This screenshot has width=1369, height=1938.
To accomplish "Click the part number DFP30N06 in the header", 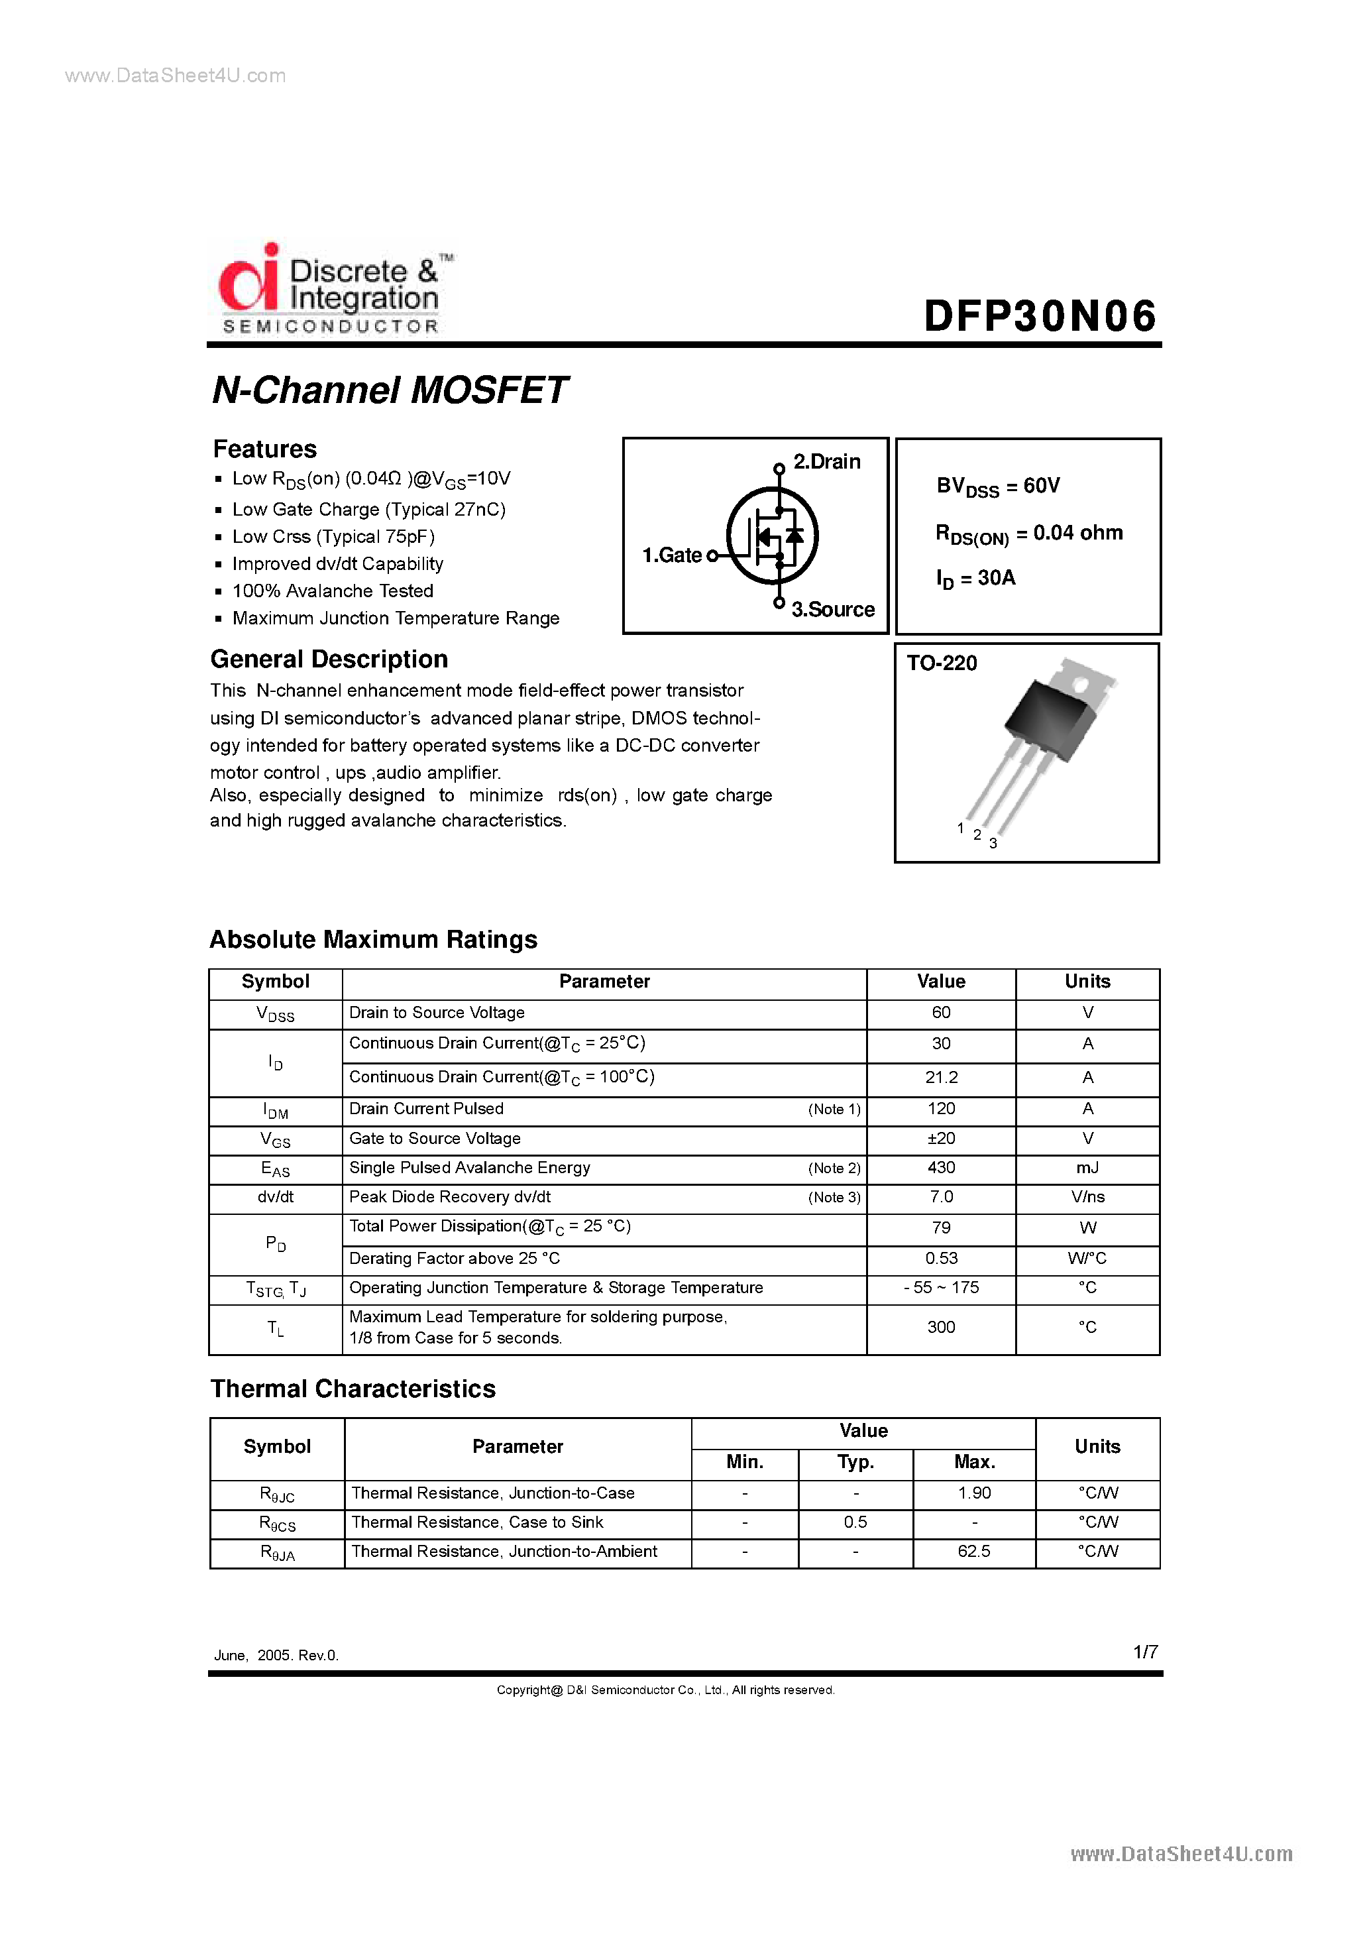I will [1039, 317].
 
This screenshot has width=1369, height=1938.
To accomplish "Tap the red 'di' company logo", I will [249, 278].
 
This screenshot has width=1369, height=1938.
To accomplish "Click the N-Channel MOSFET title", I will [389, 390].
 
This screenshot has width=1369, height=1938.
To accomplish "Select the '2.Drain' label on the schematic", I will [826, 462].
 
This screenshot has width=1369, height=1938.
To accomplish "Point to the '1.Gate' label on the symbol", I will [672, 555].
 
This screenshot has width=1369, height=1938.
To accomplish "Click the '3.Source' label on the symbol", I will [832, 609].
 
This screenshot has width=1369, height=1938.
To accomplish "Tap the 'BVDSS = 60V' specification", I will [998, 486].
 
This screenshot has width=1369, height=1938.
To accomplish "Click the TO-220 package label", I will [942, 663].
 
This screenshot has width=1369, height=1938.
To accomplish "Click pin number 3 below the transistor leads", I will [993, 843].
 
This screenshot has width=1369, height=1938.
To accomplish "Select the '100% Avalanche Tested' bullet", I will [333, 591].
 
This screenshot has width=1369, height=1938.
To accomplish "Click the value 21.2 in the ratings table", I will [941, 1078].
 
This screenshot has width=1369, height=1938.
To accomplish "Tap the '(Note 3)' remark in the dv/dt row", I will [834, 1198].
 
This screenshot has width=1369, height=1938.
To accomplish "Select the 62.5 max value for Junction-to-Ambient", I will [974, 1552].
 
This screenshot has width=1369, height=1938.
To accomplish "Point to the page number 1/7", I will [1145, 1652].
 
